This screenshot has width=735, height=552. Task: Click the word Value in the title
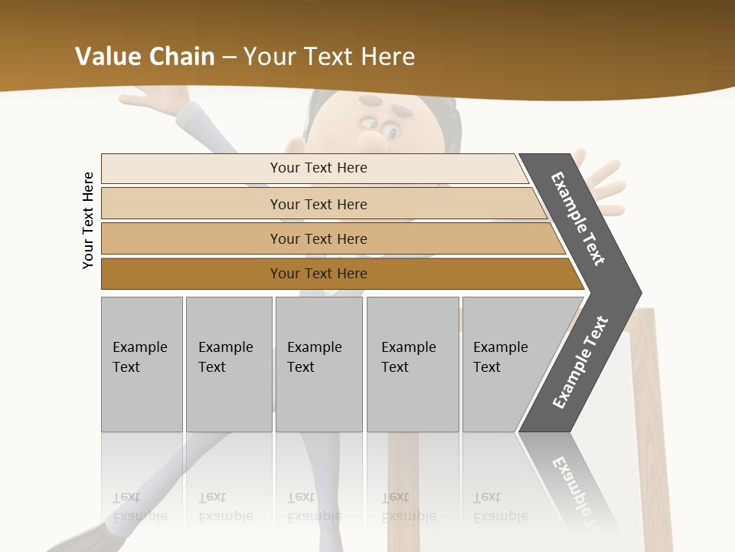click(106, 57)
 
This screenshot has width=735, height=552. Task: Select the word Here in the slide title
click(387, 57)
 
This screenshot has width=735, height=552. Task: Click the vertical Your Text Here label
click(88, 220)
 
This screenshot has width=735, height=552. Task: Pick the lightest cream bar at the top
click(318, 168)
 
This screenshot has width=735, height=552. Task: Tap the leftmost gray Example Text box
click(142, 364)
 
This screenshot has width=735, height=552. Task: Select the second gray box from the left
click(229, 364)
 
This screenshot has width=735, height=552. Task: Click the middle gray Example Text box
click(318, 364)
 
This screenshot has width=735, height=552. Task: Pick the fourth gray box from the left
click(413, 364)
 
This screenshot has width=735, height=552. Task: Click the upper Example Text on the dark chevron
click(579, 219)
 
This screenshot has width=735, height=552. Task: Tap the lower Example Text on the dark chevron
click(580, 362)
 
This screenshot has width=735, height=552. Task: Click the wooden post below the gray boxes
click(403, 491)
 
